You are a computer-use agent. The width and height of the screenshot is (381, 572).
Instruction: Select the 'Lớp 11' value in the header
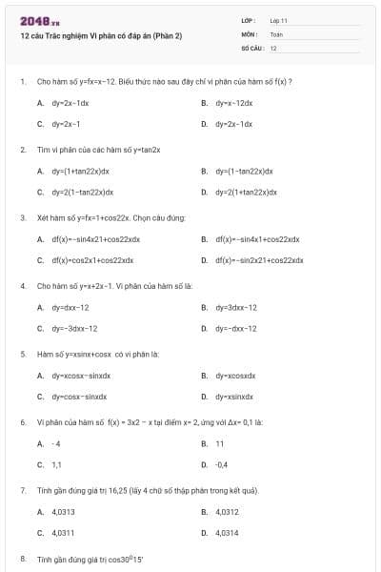tap(279, 20)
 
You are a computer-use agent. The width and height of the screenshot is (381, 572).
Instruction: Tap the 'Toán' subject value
tap(276, 33)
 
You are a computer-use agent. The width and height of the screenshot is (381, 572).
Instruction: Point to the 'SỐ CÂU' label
tap(251, 47)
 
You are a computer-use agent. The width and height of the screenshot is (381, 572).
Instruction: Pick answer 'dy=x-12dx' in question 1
tap(234, 102)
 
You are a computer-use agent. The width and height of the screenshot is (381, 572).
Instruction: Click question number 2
tap(23, 150)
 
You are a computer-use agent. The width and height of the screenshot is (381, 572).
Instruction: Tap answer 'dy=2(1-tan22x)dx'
tap(81, 192)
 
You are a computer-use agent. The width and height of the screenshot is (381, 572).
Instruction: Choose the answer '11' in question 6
tap(219, 443)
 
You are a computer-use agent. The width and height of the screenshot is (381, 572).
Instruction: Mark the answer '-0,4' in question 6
tap(221, 464)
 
